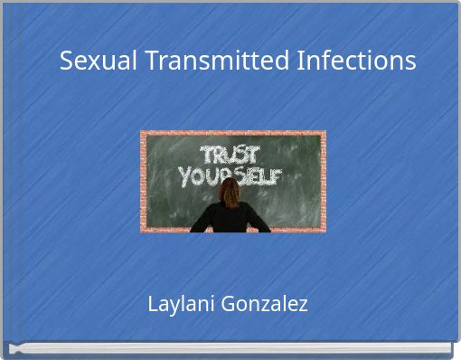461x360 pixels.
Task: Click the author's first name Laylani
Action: (x=177, y=304)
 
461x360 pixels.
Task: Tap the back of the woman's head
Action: (x=231, y=191)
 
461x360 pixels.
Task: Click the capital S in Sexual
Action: (x=67, y=62)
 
